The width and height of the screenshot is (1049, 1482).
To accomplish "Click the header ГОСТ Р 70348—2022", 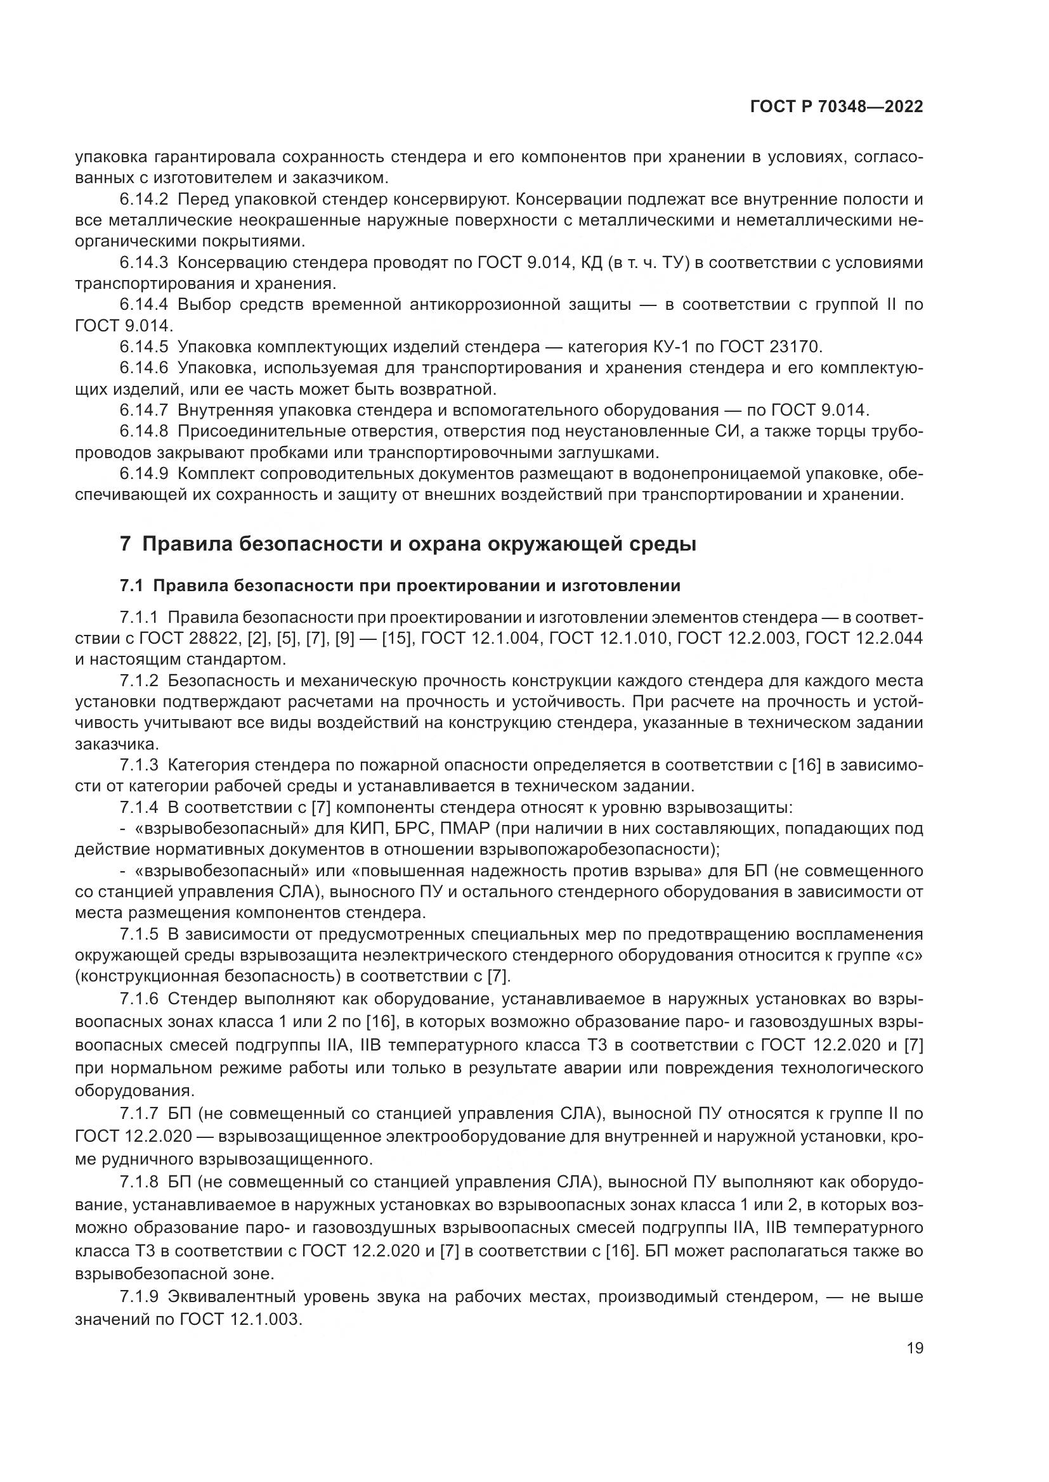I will coord(837,107).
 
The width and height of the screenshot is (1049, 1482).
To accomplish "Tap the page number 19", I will coord(915,1348).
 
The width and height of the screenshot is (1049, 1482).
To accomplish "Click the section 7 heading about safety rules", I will coord(408,544).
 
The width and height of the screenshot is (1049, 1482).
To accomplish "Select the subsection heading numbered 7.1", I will coord(400,586).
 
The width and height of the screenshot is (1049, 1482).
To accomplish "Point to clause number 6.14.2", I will coord(143,200).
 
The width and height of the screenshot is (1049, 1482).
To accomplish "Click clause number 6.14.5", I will coord(143,347).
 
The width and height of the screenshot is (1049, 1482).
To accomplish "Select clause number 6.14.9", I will coord(143,474).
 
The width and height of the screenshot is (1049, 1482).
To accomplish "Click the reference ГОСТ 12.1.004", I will coord(480,639).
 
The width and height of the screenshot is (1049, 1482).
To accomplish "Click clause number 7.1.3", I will coord(139,765).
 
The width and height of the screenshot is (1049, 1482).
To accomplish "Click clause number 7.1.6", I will coord(139,999).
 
